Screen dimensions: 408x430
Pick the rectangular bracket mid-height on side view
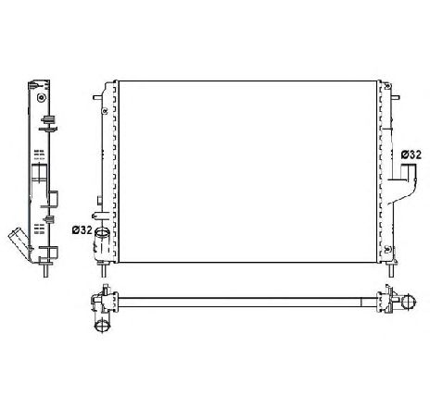(57, 196)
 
